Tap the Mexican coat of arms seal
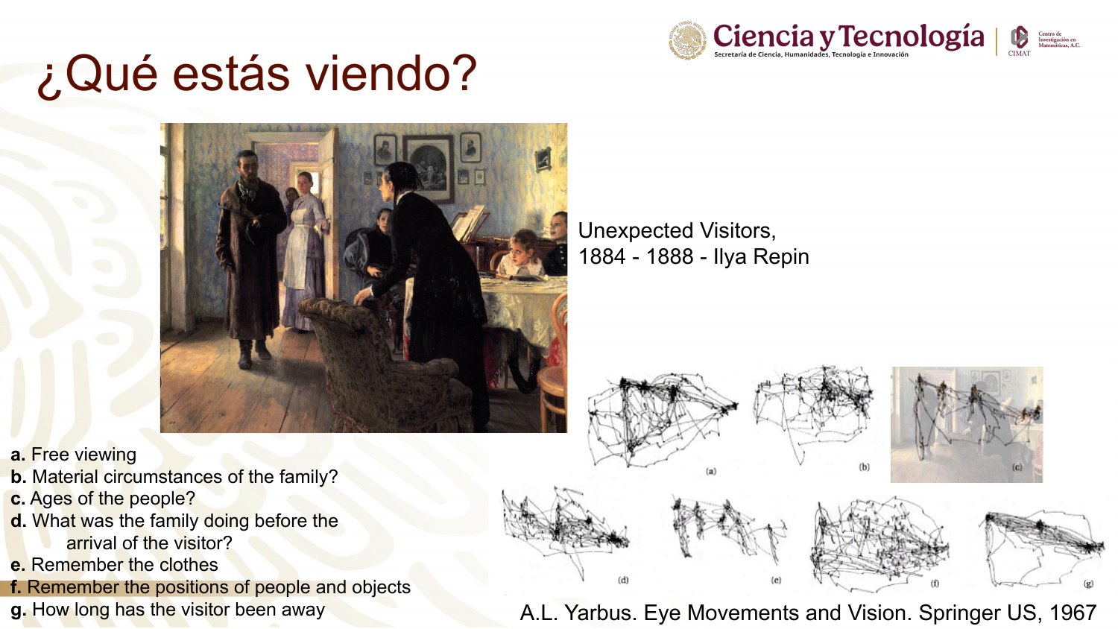(x=688, y=40)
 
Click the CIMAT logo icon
(x=1019, y=37)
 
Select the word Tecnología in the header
(x=912, y=37)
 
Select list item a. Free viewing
(x=73, y=455)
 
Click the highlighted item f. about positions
(x=210, y=587)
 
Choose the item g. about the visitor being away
(x=168, y=610)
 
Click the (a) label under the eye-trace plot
(x=711, y=471)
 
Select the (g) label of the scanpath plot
(x=1088, y=583)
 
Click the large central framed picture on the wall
(x=429, y=167)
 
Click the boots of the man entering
(x=253, y=353)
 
